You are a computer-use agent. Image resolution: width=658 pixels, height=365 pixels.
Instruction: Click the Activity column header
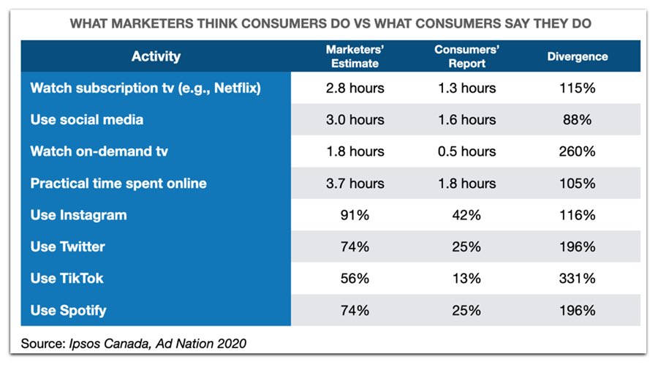coord(156,56)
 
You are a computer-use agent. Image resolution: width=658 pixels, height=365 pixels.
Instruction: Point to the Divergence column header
coord(577,56)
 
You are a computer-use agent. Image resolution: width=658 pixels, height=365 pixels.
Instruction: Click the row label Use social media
coord(87,120)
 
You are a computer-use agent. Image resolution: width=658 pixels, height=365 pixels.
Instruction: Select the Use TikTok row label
coord(68,279)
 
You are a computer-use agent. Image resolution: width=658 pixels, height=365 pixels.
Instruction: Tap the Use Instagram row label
coord(78,215)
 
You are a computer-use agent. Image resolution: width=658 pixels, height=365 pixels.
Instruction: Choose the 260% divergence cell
coord(577,151)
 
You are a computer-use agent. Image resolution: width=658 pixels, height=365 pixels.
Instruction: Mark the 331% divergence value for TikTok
coord(577,279)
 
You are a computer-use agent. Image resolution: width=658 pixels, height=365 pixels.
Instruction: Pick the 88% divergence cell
coord(577,120)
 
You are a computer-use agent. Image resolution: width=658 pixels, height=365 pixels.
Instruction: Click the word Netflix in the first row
coord(238,89)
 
